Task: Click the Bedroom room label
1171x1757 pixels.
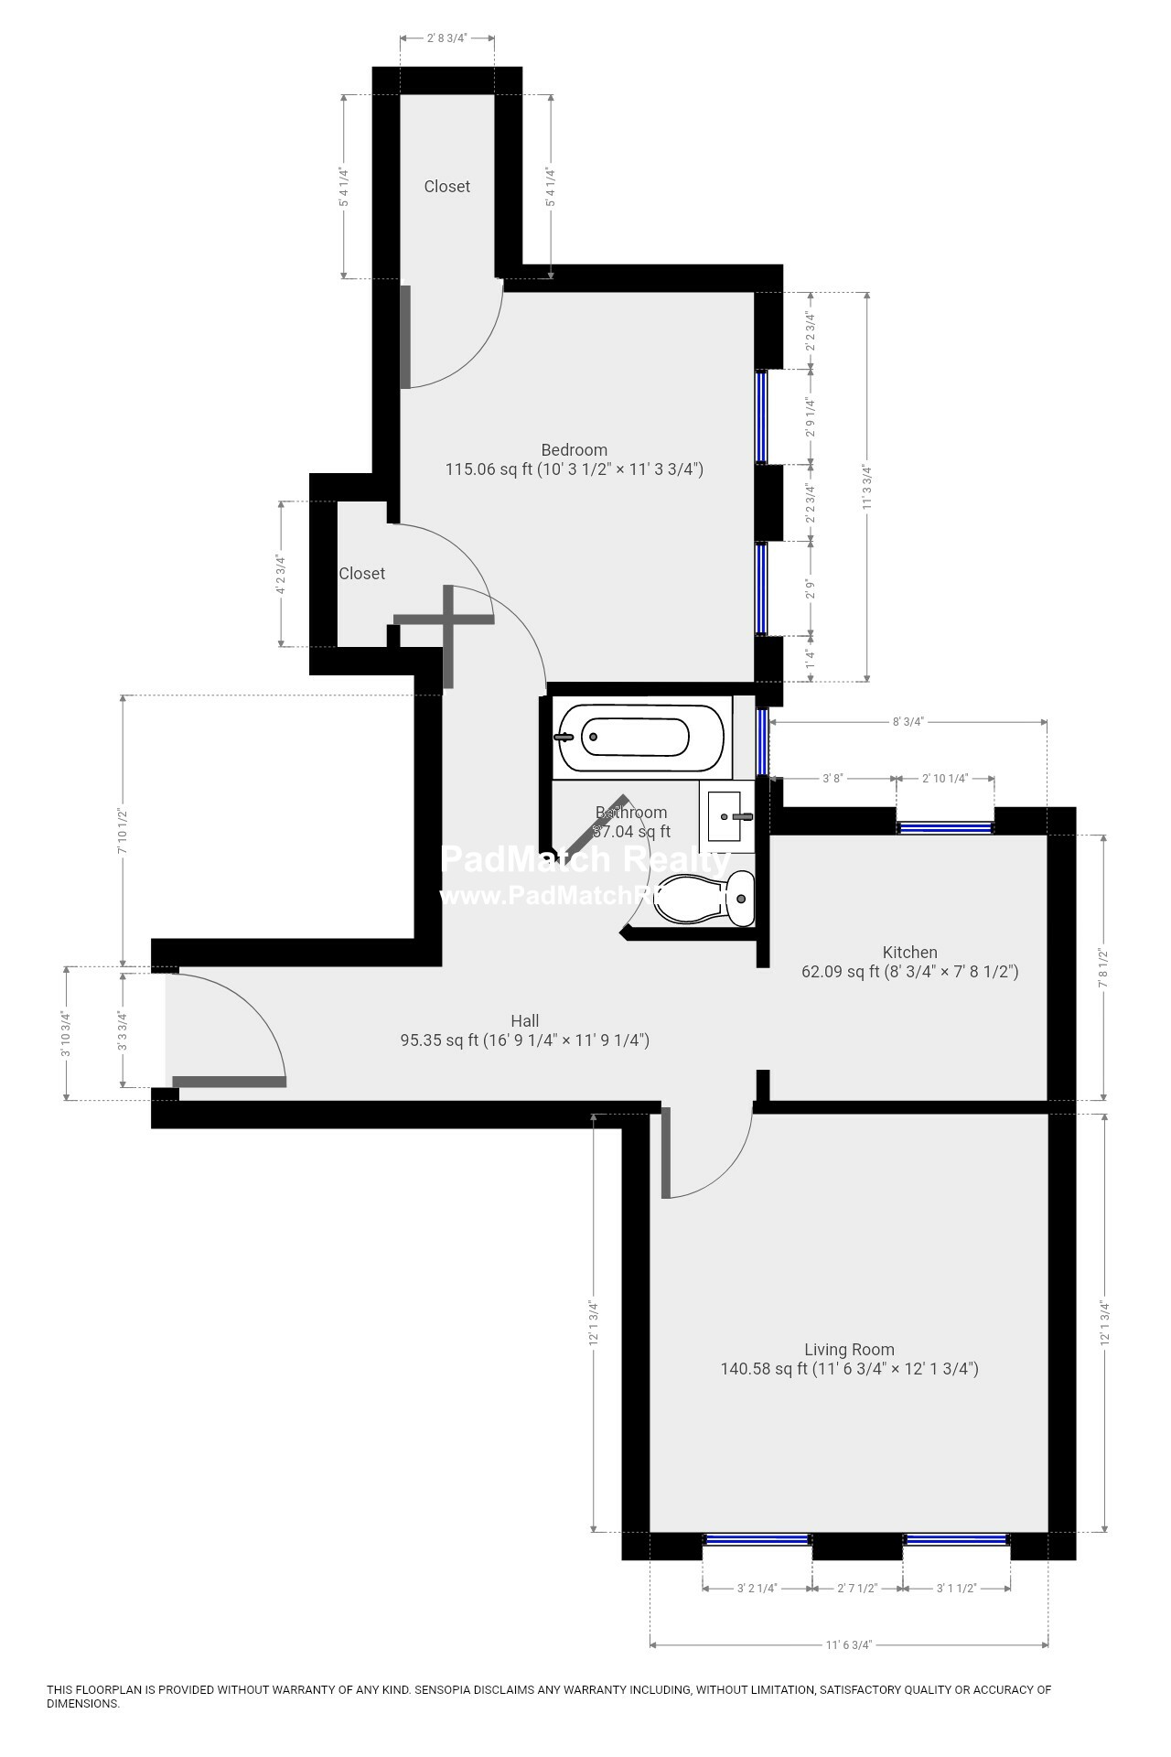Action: coord(574,450)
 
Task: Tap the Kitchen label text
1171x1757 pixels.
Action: coord(909,953)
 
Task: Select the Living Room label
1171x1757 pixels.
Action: coord(849,1350)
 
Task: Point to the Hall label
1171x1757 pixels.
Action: coord(524,1021)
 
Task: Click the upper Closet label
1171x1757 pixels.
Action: coord(446,187)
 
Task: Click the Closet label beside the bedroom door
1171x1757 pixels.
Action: coord(361,574)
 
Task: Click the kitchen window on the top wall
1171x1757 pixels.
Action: coord(945,827)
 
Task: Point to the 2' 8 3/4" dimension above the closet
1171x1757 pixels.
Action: coord(447,38)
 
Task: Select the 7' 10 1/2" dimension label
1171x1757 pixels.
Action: coord(122,830)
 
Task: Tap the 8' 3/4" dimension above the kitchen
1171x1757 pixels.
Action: coord(908,722)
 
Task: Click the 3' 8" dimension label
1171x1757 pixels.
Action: coord(832,779)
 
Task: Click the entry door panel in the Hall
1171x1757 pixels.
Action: coord(229,1082)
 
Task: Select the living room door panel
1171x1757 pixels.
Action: coord(666,1152)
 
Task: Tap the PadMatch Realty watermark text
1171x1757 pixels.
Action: coord(585,860)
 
